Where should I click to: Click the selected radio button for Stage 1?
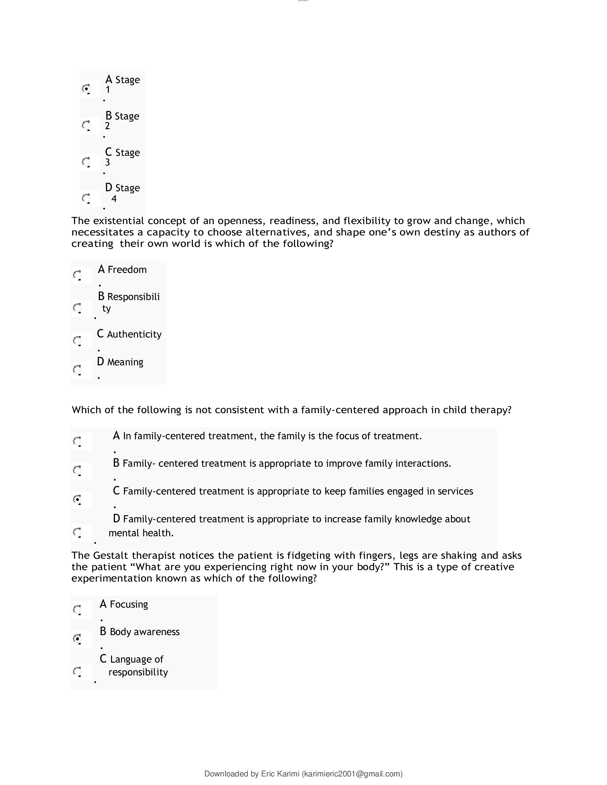(x=86, y=88)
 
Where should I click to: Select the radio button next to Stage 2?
(x=86, y=126)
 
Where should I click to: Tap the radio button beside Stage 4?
(x=86, y=198)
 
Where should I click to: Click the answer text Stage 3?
(x=122, y=157)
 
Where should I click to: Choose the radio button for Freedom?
(x=77, y=275)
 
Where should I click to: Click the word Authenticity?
(x=134, y=334)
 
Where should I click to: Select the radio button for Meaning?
(x=77, y=370)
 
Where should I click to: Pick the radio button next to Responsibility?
(x=77, y=308)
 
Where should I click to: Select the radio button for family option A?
(x=77, y=441)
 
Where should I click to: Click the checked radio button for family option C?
(x=77, y=499)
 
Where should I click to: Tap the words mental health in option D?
(x=141, y=533)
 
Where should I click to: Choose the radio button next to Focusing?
(x=77, y=609)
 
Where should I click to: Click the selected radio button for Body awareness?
(x=77, y=639)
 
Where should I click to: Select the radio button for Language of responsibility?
(x=77, y=672)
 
